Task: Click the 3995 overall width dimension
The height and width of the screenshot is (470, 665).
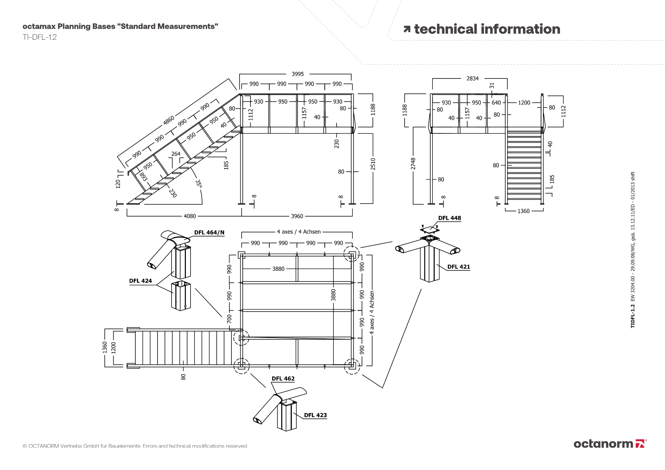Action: [x=298, y=74]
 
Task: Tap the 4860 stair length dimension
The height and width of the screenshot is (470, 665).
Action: [x=169, y=120]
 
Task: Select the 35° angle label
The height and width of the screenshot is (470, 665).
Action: [x=199, y=184]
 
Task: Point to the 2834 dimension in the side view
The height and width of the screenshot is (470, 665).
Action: [x=472, y=78]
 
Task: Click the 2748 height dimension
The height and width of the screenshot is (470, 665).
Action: [x=413, y=164]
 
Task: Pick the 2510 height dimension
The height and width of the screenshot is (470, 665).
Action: [x=373, y=164]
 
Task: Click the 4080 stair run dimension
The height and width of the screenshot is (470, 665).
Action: [x=190, y=216]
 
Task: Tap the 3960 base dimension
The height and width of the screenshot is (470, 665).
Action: [x=297, y=216]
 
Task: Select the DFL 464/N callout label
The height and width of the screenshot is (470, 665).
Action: [x=209, y=233]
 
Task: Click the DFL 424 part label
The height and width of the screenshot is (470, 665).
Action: [x=140, y=281]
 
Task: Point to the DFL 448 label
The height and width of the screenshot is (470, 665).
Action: [x=450, y=218]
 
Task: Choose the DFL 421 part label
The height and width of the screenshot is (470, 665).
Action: [x=459, y=267]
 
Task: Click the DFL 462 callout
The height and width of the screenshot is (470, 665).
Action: [x=283, y=379]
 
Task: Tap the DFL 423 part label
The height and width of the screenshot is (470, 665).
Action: [x=315, y=415]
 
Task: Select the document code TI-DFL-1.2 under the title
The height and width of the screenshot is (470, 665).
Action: [x=40, y=37]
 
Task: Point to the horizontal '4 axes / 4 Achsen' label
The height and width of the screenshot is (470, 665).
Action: [x=299, y=232]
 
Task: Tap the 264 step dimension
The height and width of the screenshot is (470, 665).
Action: [x=176, y=154]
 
